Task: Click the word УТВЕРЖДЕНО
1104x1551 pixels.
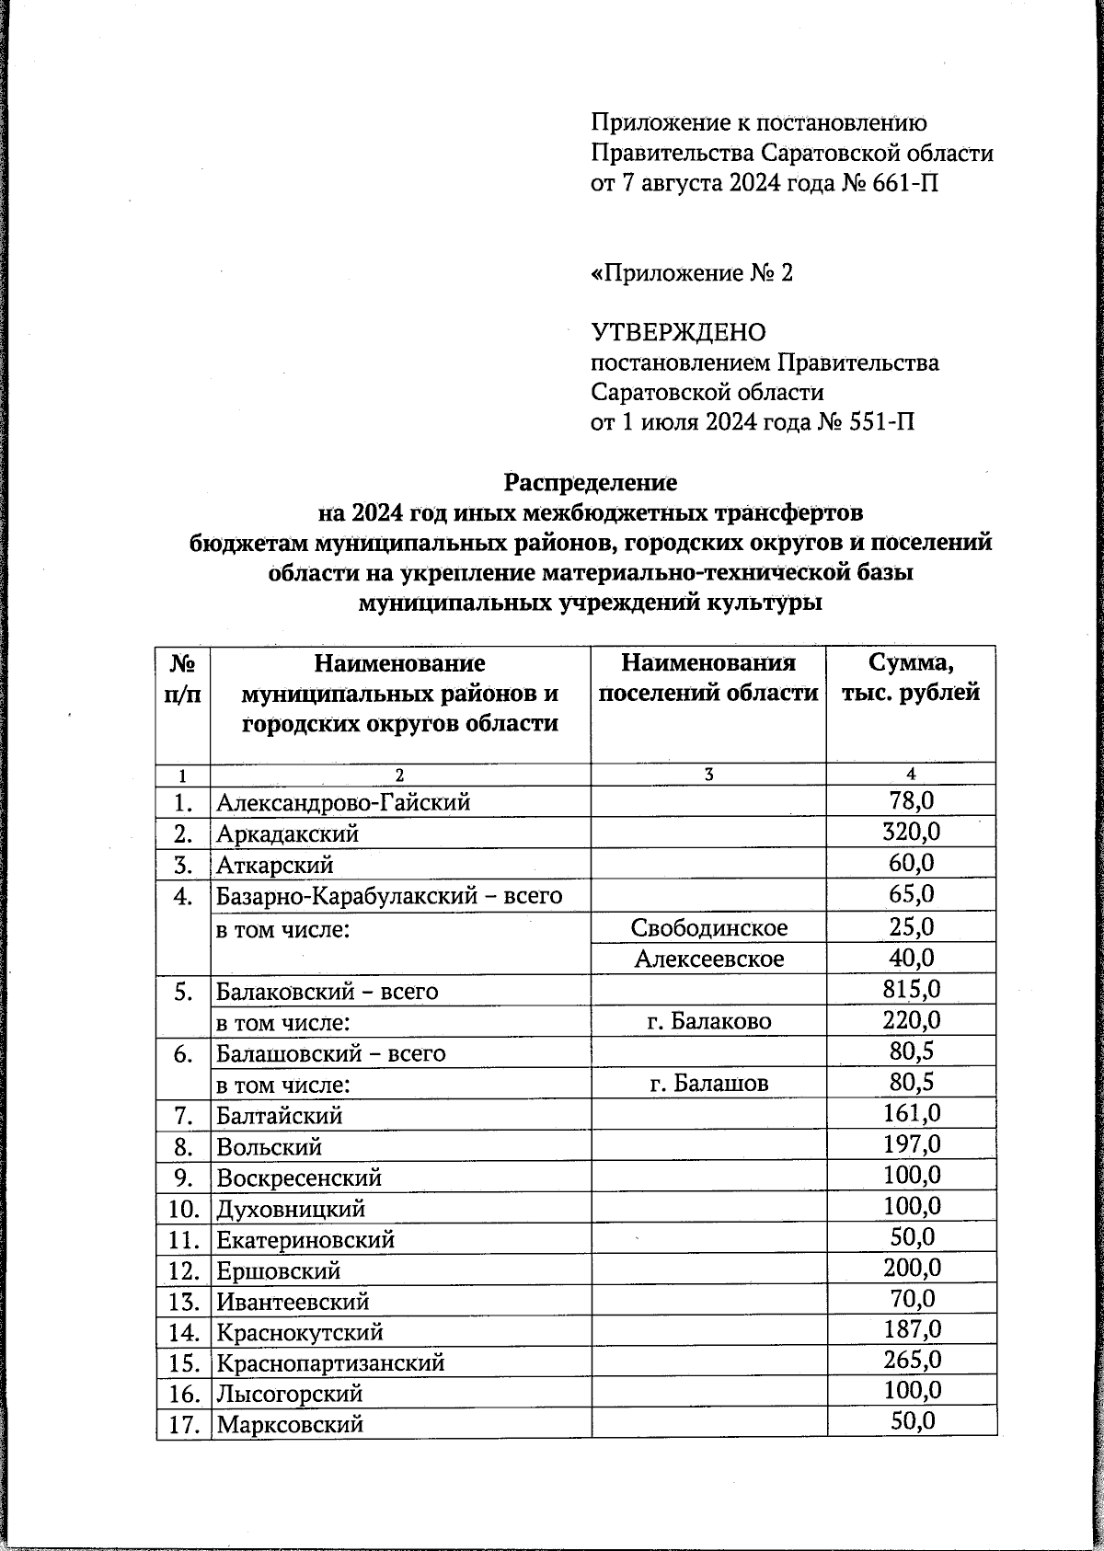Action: point(678,332)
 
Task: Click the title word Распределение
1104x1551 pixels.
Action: point(590,482)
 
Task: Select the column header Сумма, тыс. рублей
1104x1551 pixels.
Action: point(911,678)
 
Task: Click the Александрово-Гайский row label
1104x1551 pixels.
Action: point(343,802)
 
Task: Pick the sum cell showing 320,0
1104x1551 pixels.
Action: point(912,833)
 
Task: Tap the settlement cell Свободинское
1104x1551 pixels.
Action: point(708,927)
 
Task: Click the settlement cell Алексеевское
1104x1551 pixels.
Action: point(708,959)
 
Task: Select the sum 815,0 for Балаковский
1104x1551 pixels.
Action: point(912,990)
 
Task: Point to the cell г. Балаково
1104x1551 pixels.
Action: point(708,1021)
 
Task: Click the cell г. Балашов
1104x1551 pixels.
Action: point(708,1084)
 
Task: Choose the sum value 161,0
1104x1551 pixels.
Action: point(912,1115)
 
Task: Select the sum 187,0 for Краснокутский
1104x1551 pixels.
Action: point(912,1330)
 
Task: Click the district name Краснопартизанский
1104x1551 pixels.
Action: point(330,1362)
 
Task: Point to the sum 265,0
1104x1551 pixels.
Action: point(912,1361)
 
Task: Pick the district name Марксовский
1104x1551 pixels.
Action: point(290,1425)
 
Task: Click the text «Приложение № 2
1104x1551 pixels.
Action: point(691,273)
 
